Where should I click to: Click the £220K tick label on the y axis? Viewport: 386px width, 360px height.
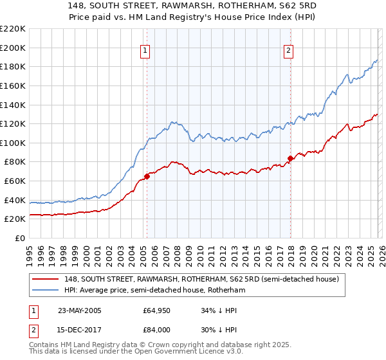(x=13, y=29)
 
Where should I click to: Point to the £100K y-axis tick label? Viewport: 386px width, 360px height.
(x=13, y=143)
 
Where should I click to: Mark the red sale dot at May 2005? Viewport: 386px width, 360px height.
(x=147, y=175)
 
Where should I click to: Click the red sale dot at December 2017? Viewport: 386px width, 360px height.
(x=290, y=157)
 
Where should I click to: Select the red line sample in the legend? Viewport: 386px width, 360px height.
(x=46, y=280)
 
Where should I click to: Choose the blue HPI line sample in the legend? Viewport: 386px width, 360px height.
(x=46, y=291)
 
